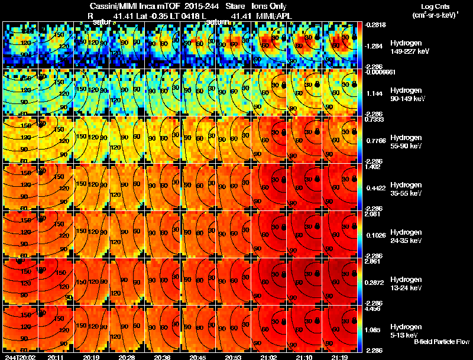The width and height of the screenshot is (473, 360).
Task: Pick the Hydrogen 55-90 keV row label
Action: point(406,142)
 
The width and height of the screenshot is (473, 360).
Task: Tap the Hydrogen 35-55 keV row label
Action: point(406,189)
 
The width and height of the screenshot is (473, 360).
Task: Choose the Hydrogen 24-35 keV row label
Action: point(406,236)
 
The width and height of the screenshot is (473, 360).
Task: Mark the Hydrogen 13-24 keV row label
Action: point(406,284)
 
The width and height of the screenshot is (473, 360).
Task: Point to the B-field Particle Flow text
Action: point(441,342)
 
